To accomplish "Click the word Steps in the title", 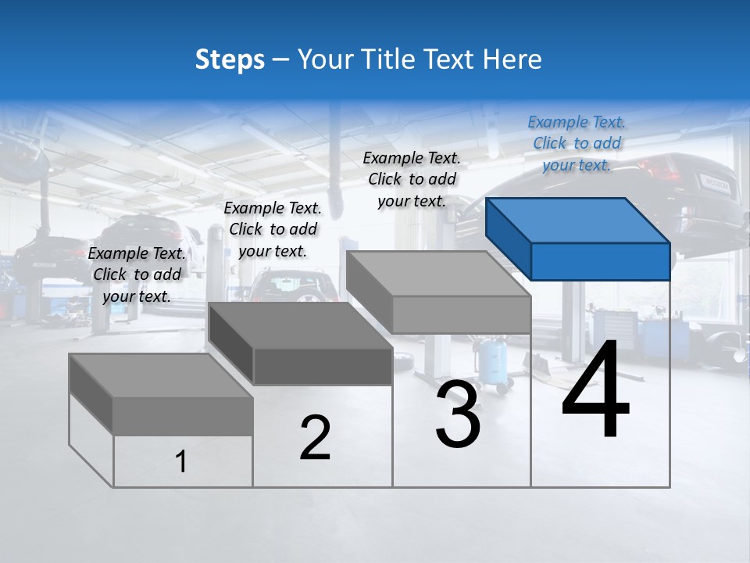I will [x=230, y=59].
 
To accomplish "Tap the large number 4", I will [x=595, y=391].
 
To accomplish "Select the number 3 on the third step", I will [x=458, y=414].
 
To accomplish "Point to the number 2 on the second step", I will [x=316, y=438].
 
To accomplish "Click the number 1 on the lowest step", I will [x=181, y=462].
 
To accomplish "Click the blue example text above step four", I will [x=577, y=143].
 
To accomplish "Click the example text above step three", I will [x=412, y=179].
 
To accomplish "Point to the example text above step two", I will [x=273, y=229].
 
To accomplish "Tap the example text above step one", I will [x=137, y=274].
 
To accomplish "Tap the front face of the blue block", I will [x=600, y=261].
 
